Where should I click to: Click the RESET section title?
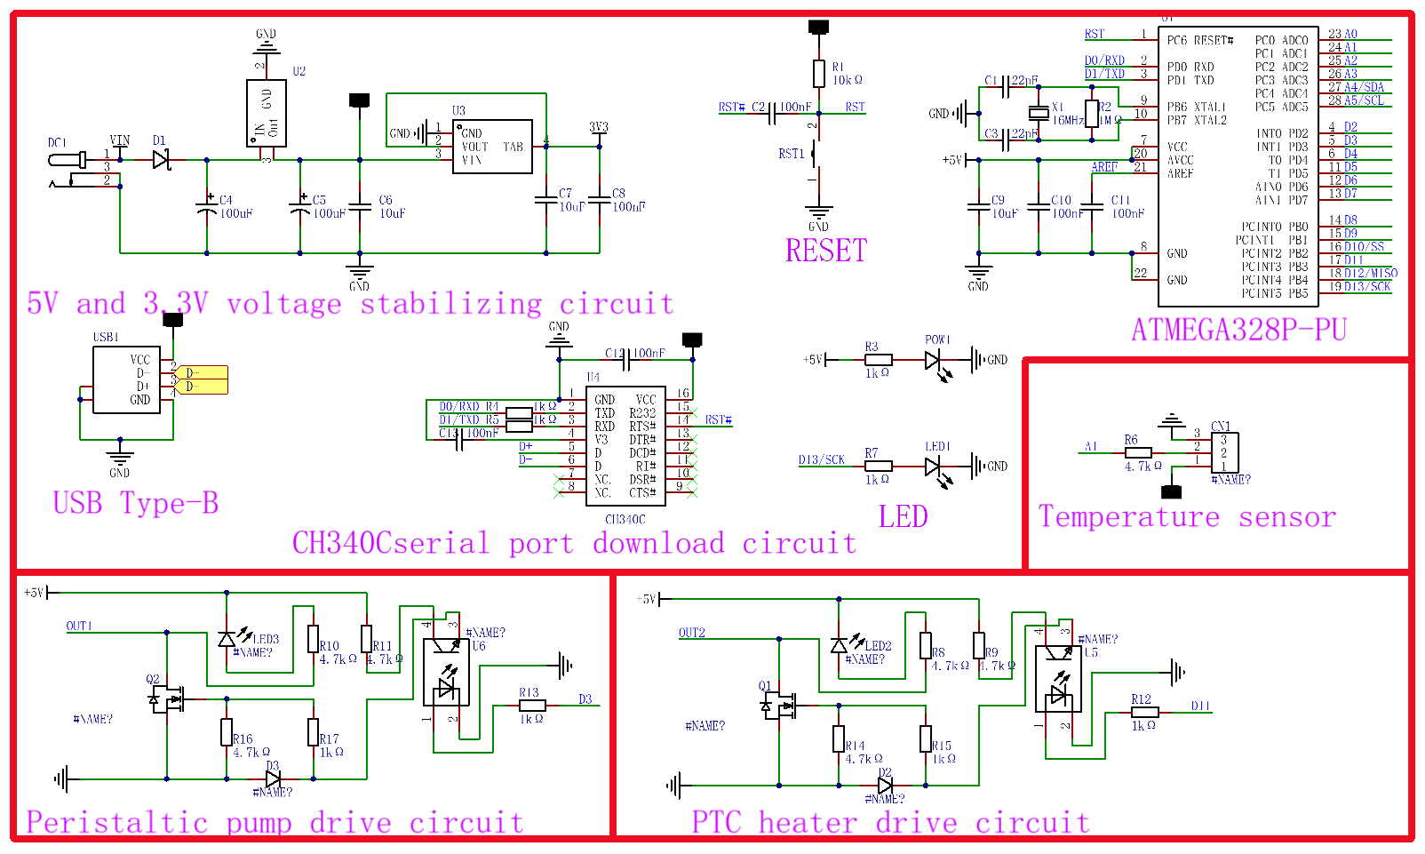[x=826, y=250]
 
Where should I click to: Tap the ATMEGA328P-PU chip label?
[x=1239, y=330]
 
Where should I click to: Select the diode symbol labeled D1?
[x=161, y=159]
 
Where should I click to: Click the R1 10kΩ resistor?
[x=819, y=74]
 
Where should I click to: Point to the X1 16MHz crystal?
[x=1039, y=113]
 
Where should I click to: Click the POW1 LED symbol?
[x=933, y=360]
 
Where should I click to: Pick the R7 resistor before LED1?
[x=879, y=466]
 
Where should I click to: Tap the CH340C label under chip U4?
[x=625, y=520]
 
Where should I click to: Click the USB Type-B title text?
[x=135, y=504]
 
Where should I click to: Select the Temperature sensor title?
[x=1188, y=517]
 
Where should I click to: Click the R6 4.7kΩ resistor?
[x=1138, y=452]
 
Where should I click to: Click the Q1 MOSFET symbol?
[x=779, y=706]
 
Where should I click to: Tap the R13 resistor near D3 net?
[x=532, y=706]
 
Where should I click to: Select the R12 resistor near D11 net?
[x=1145, y=712]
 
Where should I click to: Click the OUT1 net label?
[x=79, y=627]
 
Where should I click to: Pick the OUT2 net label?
[x=692, y=633]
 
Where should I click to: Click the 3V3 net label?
[x=600, y=128]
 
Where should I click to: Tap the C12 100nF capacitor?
[x=629, y=360]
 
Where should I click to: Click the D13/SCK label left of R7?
[x=822, y=460]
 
